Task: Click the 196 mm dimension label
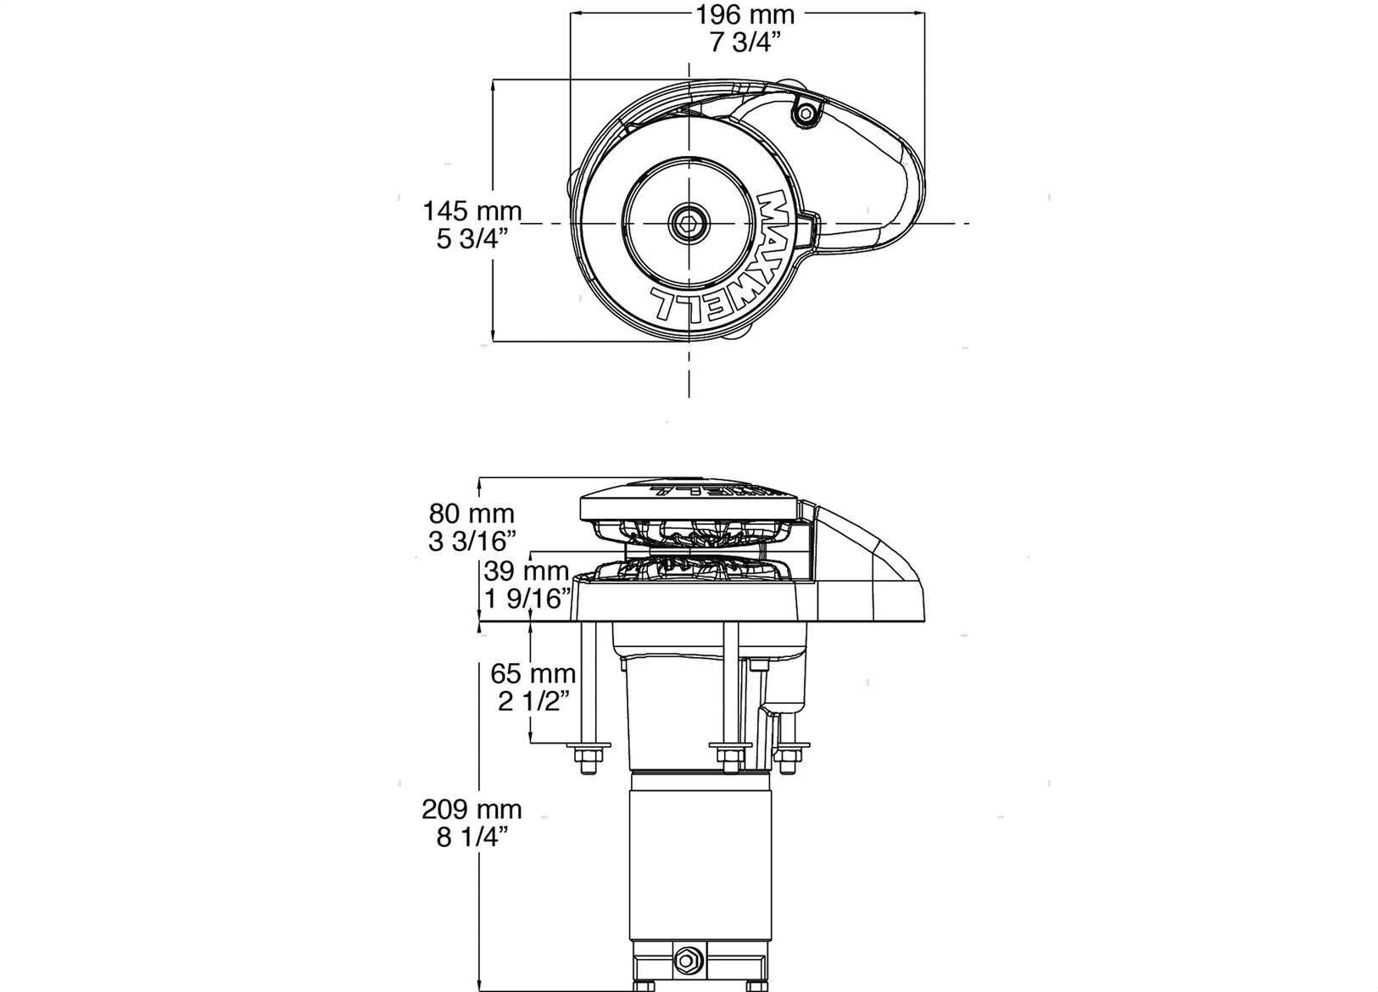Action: click(745, 14)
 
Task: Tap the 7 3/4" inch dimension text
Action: click(745, 42)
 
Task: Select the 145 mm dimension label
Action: click(471, 212)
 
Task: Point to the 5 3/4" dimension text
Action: click(472, 238)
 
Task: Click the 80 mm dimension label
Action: click(471, 514)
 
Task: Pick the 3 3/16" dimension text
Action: click(471, 541)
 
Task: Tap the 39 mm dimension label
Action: click(526, 571)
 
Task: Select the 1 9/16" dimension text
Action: click(527, 599)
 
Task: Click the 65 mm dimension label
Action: click(533, 674)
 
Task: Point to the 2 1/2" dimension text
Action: click(533, 701)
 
